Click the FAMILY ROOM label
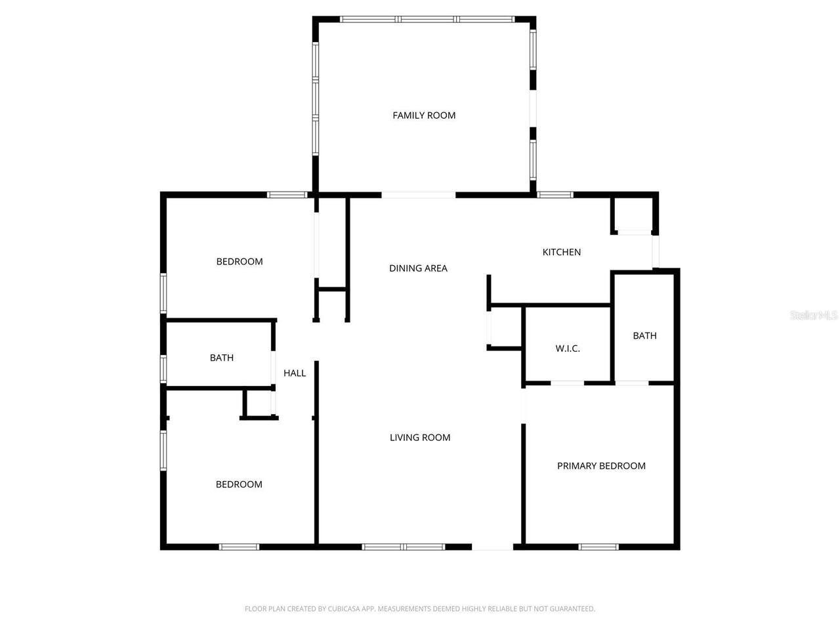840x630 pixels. pyautogui.click(x=424, y=115)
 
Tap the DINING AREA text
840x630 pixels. pyautogui.click(x=418, y=268)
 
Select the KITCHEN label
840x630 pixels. pyautogui.click(x=561, y=252)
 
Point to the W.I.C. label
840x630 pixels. pyautogui.click(x=568, y=348)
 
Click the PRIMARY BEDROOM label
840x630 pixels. pyautogui.click(x=601, y=466)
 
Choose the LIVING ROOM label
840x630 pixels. pyautogui.click(x=420, y=438)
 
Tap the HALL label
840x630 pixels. pyautogui.click(x=295, y=373)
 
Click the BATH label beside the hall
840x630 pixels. pyautogui.click(x=222, y=358)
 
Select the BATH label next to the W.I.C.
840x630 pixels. pyautogui.click(x=644, y=335)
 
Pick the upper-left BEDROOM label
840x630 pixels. pyautogui.click(x=240, y=261)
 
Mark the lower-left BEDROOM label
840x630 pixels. pyautogui.click(x=239, y=484)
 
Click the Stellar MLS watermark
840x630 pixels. pyautogui.click(x=813, y=316)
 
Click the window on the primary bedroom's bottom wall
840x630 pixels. pyautogui.click(x=598, y=547)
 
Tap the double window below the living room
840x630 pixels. pyautogui.click(x=404, y=547)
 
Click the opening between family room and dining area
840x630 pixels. pyautogui.click(x=418, y=195)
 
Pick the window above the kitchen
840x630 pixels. pyautogui.click(x=555, y=195)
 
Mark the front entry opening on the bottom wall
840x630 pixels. pyautogui.click(x=492, y=547)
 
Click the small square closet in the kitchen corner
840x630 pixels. pyautogui.click(x=633, y=213)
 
